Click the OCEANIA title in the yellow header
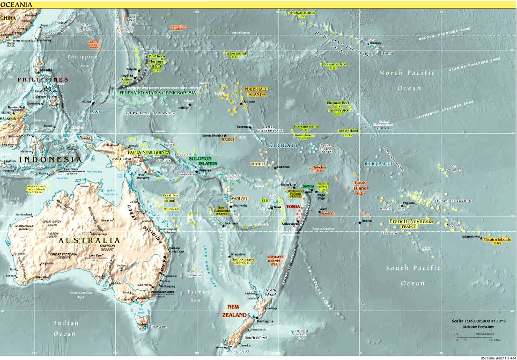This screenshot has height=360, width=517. point(16,5)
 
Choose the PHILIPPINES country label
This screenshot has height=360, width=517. point(43,79)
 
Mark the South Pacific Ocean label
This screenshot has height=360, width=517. point(412,275)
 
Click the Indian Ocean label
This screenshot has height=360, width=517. point(65,328)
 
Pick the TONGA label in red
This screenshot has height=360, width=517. point(294,206)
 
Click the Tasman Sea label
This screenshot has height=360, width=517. point(194,296)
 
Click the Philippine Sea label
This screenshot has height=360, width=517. point(83,60)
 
